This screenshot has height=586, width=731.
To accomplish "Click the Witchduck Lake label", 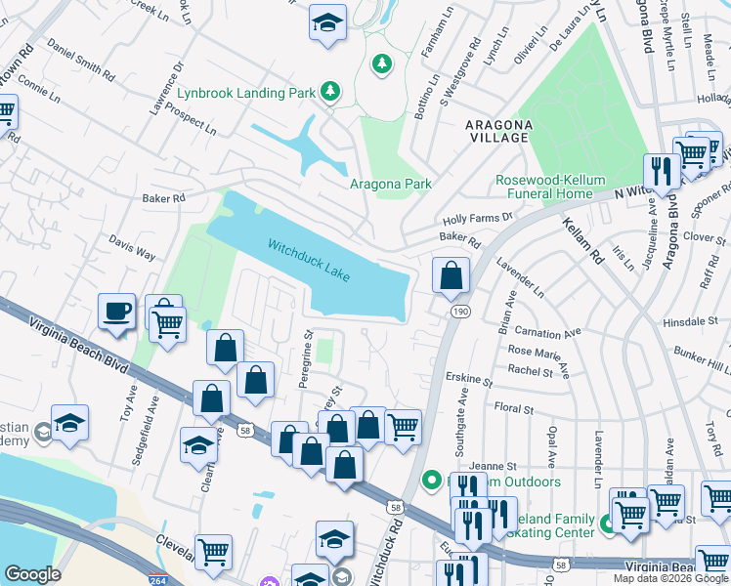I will pyautogui.click(x=309, y=261).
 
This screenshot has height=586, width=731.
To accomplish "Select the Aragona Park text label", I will pyautogui.click(x=391, y=184).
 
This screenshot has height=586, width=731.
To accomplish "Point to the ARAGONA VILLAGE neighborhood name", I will pyautogui.click(x=498, y=132).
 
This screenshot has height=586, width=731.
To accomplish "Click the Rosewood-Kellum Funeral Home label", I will pyautogui.click(x=550, y=187).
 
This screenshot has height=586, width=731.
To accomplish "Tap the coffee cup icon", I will pyautogui.click(x=116, y=312).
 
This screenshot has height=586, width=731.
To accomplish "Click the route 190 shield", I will pyautogui.click(x=457, y=310).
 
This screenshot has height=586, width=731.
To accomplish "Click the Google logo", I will pyautogui.click(x=32, y=574).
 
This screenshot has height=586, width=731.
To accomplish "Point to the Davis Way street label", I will pyautogui.click(x=132, y=253).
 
